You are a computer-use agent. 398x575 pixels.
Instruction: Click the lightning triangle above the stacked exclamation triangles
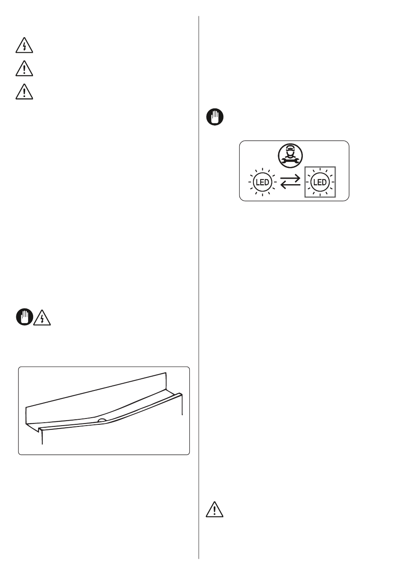point(24,46)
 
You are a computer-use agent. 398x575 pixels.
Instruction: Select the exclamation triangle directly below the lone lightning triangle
point(24,69)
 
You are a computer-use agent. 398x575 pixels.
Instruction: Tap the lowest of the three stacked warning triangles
point(24,92)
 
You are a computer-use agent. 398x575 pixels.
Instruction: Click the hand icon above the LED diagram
point(215,117)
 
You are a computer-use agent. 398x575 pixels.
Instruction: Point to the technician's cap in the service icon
point(290,147)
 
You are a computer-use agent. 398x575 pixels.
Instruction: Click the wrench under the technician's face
point(290,161)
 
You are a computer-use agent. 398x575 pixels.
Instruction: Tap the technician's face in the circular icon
point(290,153)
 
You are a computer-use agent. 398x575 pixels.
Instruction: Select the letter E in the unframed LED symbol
point(262,182)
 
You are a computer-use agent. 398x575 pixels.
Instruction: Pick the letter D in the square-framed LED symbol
point(324,182)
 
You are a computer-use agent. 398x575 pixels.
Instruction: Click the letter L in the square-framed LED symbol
point(315,182)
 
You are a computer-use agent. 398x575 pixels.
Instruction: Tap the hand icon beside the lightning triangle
point(25,317)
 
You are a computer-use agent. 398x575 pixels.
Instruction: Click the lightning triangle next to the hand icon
point(42,318)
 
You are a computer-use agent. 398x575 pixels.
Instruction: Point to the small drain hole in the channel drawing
point(102,421)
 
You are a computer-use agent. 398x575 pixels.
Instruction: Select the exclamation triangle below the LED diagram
point(215,509)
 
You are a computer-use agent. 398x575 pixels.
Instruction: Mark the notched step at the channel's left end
point(39,429)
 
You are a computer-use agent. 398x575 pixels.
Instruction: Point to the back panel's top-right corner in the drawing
point(166,373)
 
